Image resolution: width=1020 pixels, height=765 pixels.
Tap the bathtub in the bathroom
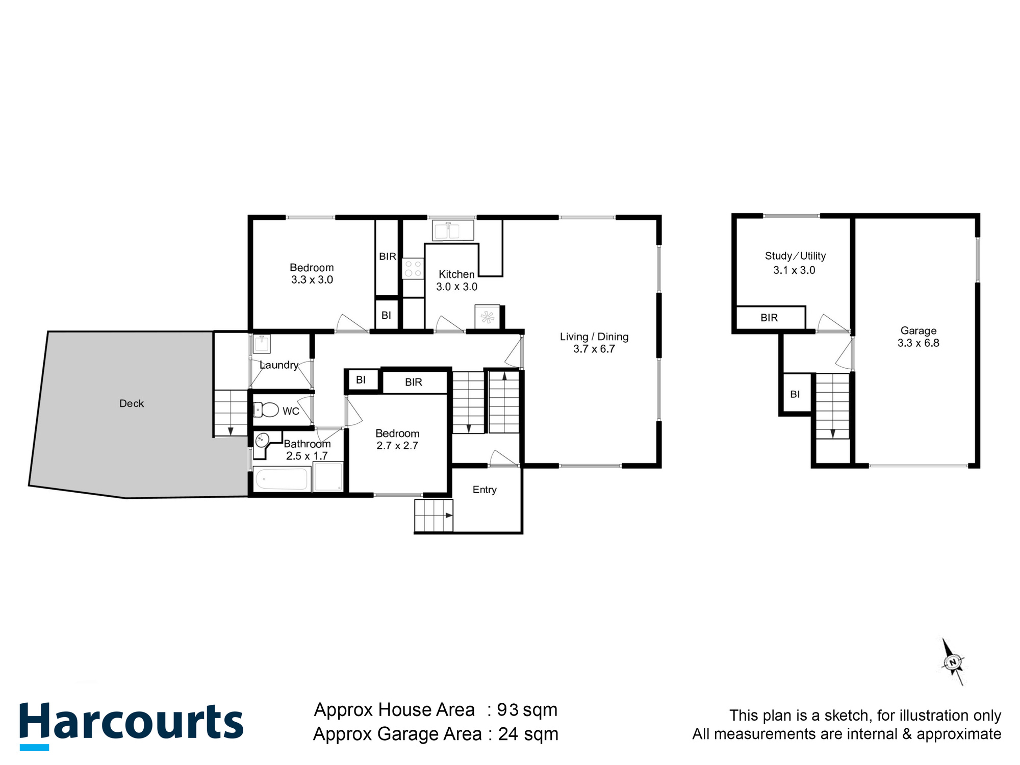point(282,479)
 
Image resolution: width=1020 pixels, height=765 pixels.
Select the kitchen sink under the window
point(453,230)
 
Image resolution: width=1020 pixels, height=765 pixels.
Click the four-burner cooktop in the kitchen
point(413,268)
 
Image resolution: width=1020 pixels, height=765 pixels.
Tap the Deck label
point(132,403)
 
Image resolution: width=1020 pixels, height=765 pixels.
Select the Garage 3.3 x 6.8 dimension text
point(918,343)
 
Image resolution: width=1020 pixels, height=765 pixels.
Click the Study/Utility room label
point(795,256)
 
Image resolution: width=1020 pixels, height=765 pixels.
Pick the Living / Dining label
point(594,337)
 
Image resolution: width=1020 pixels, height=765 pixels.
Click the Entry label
point(484,490)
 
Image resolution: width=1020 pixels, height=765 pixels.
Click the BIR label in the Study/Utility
point(769,318)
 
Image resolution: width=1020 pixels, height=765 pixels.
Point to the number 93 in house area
point(508,710)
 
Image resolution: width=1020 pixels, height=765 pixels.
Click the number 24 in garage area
point(508,734)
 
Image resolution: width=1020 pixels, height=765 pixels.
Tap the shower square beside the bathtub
point(328,477)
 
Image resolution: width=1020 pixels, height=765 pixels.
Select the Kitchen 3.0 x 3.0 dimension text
point(456,287)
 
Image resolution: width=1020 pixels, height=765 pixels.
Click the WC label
point(291,411)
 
